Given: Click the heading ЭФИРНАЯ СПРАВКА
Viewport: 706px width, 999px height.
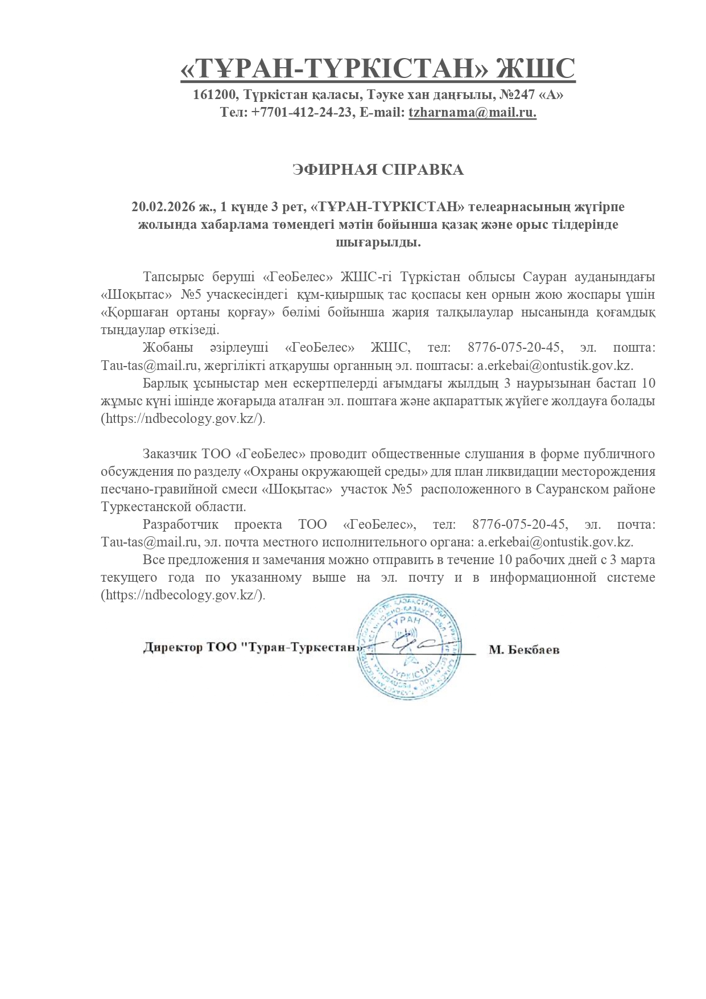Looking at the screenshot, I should click(378, 170).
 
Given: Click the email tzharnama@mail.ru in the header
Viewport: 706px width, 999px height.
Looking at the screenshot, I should click(472, 113).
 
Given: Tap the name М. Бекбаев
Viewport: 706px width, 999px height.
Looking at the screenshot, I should click(524, 649).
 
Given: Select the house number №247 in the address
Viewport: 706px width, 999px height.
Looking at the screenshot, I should click(517, 94).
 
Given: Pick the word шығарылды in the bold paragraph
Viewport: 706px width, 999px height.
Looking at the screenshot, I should click(378, 242).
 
